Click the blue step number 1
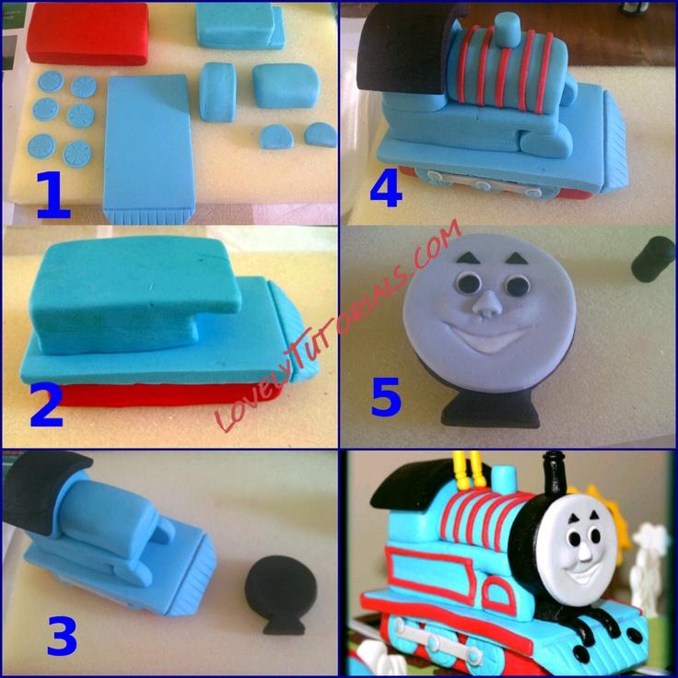coord(53,195)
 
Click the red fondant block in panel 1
coord(88,34)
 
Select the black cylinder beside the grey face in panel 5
coord(653,259)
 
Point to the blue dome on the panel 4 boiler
coord(508,29)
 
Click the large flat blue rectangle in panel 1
coord(148,147)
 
